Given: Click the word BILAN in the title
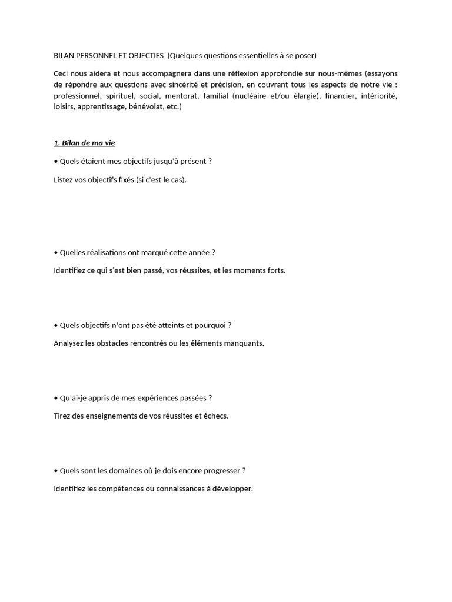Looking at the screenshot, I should (x=64, y=56).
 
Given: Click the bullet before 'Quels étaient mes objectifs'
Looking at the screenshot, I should (x=55, y=162).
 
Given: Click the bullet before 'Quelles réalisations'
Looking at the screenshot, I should (x=55, y=253).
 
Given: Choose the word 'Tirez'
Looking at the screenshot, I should (x=62, y=416).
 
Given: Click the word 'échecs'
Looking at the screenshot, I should (x=214, y=416).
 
